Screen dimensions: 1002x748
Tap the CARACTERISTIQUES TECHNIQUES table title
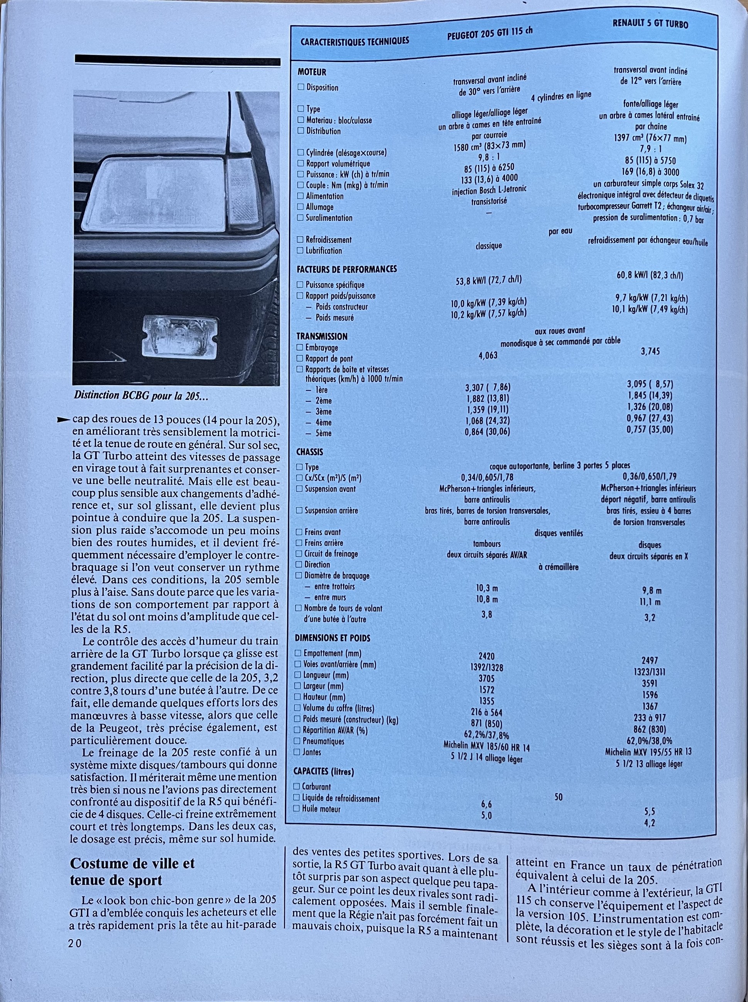tap(355, 41)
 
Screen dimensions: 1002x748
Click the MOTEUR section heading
tap(312, 72)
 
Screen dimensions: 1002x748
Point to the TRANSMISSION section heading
tap(322, 336)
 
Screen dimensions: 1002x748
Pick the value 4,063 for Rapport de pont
tap(488, 355)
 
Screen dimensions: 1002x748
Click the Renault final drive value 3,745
tap(650, 351)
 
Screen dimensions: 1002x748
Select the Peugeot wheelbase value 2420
tap(487, 656)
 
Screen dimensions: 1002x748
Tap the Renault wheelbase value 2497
tap(650, 660)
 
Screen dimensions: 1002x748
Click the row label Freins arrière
tap(324, 542)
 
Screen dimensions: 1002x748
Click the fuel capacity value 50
tap(558, 797)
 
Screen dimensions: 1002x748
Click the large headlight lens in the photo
tap(161, 195)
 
